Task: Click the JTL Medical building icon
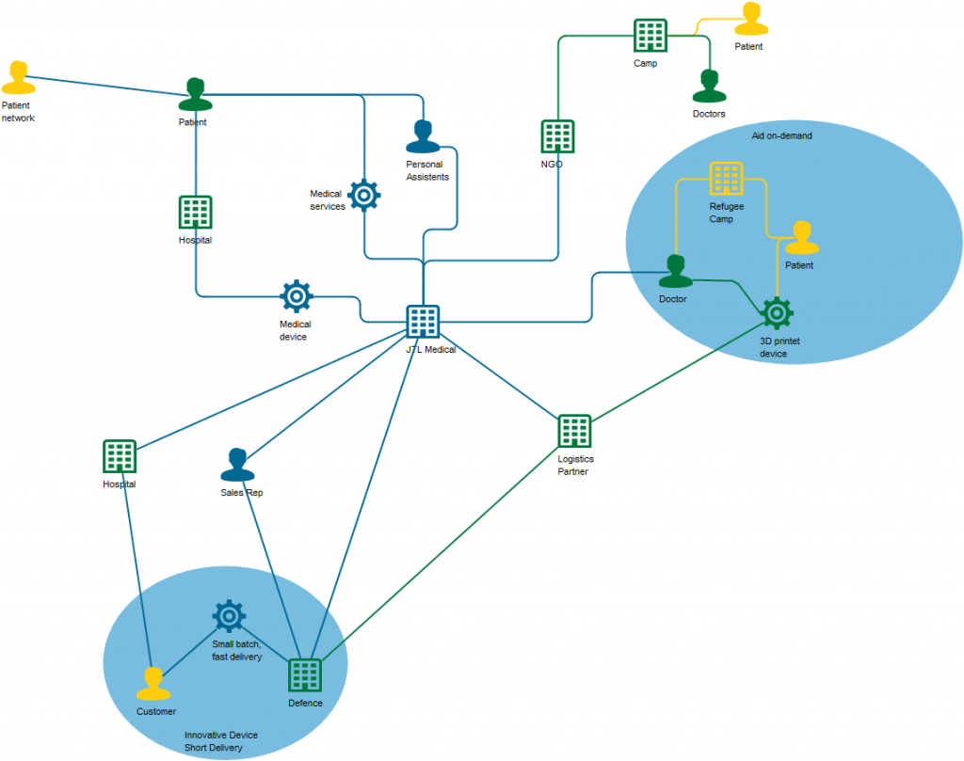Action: point(423,322)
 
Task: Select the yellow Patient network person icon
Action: point(17,78)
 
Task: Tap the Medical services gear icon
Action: point(364,195)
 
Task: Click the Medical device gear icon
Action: point(297,296)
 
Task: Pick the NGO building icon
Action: point(557,136)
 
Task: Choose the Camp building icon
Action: point(651,36)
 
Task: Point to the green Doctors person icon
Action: point(709,87)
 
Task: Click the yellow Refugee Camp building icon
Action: point(726,179)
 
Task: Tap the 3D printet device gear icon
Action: point(777,313)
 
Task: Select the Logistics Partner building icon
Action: point(574,431)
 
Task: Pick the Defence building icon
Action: point(304,675)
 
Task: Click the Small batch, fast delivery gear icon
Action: point(229,616)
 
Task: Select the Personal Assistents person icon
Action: point(424,137)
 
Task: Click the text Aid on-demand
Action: point(780,135)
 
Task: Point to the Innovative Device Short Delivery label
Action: point(220,741)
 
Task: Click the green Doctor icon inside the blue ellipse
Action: point(675,272)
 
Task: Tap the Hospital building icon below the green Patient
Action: point(195,213)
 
